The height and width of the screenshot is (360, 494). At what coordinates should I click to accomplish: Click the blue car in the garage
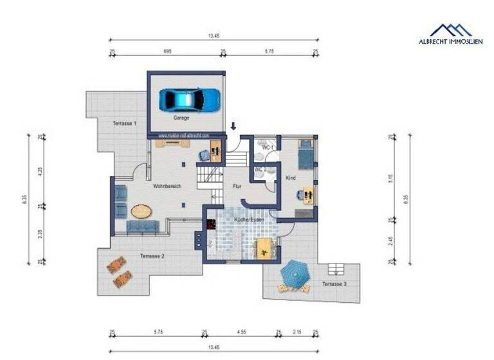click(x=190, y=99)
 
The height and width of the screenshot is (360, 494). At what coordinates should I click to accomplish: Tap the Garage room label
click(x=181, y=118)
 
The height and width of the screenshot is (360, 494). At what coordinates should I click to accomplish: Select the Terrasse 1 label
click(x=124, y=123)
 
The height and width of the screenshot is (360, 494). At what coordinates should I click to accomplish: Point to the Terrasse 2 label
click(x=152, y=256)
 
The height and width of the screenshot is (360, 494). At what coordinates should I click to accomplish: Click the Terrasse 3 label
click(x=334, y=283)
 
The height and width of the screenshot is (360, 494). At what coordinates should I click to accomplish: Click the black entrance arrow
click(x=233, y=126)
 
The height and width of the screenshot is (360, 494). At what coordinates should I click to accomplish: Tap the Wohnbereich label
click(x=167, y=186)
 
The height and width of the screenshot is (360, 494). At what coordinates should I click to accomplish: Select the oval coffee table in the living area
click(x=143, y=210)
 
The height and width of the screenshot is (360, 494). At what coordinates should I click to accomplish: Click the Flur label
click(x=236, y=186)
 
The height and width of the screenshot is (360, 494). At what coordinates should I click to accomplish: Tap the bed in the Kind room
click(x=306, y=154)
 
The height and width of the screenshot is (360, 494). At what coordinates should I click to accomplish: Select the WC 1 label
click(x=268, y=148)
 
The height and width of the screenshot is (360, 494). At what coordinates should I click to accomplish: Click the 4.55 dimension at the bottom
click(x=241, y=332)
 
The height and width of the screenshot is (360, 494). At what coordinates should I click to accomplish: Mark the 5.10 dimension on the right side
click(x=390, y=179)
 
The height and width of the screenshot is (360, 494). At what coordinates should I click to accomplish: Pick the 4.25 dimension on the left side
click(x=40, y=172)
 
